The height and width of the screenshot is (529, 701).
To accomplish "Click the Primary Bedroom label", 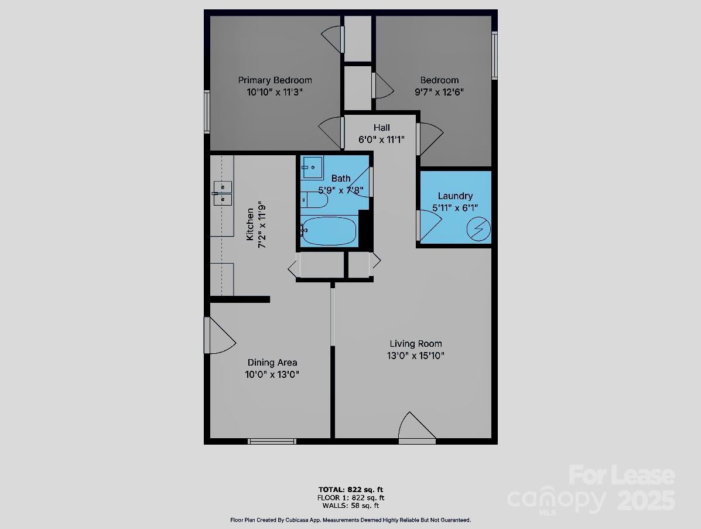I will [x=275, y=80].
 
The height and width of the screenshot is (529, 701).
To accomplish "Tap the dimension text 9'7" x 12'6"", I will [x=439, y=92].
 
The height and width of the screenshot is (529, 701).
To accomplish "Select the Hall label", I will [x=381, y=128].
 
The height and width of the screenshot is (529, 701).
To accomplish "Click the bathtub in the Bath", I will [x=329, y=231].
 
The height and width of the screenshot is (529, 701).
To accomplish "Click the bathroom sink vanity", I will [x=312, y=168].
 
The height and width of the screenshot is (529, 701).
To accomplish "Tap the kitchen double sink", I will [x=223, y=193].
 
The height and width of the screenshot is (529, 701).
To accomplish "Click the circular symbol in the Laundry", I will [x=478, y=229].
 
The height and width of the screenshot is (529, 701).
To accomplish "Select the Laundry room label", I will [x=455, y=196].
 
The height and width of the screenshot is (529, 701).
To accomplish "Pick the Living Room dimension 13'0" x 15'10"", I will [x=415, y=356].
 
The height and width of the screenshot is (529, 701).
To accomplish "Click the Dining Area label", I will [x=272, y=363].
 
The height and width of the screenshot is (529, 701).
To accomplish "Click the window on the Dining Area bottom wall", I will [x=272, y=441].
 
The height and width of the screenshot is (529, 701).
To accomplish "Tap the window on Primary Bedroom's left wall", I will [x=207, y=111].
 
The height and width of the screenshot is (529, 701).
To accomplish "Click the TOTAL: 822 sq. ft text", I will [x=351, y=490].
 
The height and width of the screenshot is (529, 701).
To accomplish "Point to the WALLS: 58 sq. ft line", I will [x=351, y=506].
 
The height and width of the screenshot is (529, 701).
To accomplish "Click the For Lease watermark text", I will [x=621, y=475].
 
